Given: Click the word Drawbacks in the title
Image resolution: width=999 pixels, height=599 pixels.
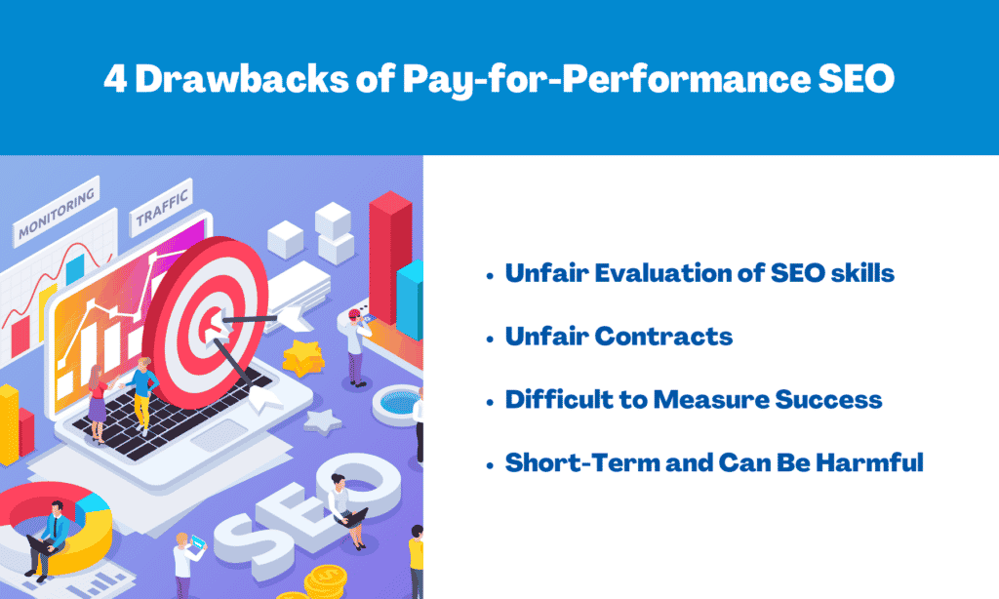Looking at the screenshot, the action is tap(242, 78).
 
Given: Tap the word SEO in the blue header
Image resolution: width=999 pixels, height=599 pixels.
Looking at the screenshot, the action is tap(857, 78).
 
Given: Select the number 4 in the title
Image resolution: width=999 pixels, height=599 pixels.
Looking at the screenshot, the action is tap(115, 79).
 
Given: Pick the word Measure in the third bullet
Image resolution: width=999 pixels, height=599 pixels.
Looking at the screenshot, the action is tap(710, 400).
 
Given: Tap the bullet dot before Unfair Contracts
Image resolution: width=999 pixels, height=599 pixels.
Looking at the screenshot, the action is tap(490, 339).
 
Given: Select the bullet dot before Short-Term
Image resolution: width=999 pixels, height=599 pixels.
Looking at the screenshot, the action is tap(490, 465).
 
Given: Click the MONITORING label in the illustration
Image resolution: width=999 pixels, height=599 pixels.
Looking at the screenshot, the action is tap(57, 213).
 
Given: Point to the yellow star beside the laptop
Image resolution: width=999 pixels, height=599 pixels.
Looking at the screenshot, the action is tap(303, 357).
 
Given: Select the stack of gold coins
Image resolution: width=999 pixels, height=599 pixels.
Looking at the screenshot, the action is tap(326, 581).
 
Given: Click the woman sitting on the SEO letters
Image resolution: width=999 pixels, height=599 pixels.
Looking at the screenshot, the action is tap(346, 510).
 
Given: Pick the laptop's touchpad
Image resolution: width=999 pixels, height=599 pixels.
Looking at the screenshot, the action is tap(220, 436).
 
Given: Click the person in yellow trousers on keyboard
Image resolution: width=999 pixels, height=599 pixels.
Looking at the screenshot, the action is tap(141, 396).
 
